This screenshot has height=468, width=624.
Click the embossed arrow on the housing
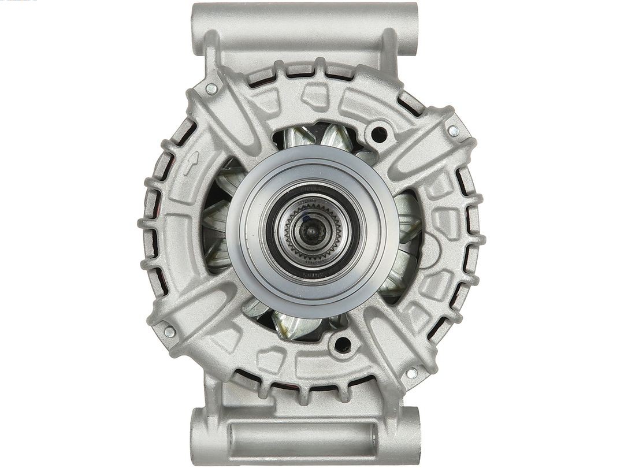point(190,163)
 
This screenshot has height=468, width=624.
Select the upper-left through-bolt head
point(211,89)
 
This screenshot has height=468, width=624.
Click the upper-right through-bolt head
point(453,131)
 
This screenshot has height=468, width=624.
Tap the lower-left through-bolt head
point(169,332)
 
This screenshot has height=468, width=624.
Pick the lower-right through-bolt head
point(411,373)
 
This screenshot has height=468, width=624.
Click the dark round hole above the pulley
point(378,135)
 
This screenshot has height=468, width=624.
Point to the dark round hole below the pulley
point(342,345)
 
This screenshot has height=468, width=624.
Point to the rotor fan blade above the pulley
point(335,138)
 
